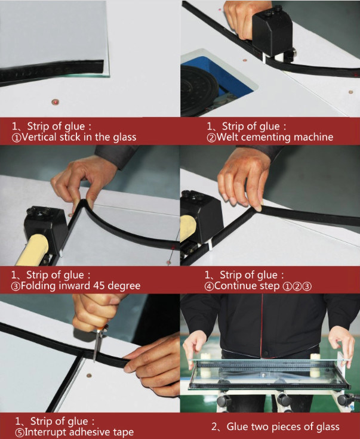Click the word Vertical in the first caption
pos(38,137)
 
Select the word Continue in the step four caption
pos(232,286)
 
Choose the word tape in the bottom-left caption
pos(123,432)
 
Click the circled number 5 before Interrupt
pos(20,432)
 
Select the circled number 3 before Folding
pos(16,286)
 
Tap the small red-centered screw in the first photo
pos(56,101)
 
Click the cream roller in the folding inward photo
pos(33,250)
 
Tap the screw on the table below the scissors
pos(89,375)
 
